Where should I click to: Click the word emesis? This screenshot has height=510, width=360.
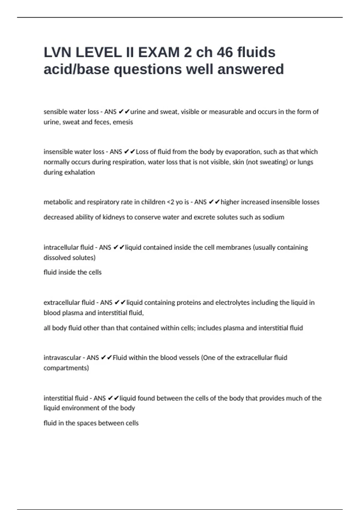(x=123, y=122)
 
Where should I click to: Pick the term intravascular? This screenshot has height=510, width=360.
(x=62, y=358)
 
